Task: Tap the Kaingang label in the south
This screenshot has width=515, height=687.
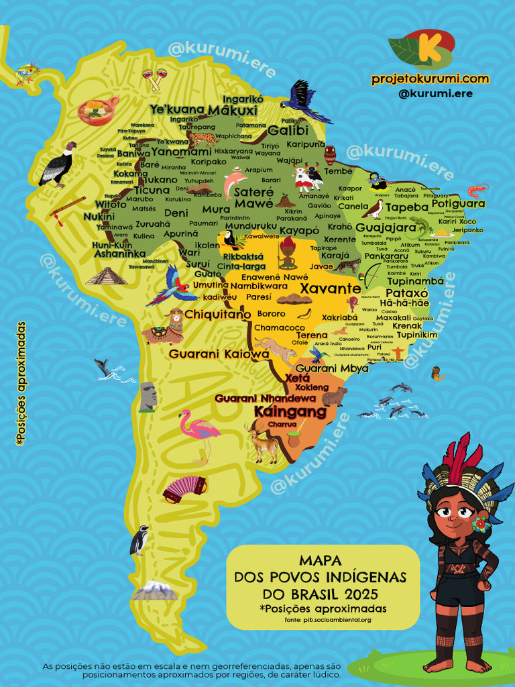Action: pyautogui.click(x=290, y=411)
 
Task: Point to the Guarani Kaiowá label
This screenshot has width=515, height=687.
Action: pyautogui.click(x=213, y=354)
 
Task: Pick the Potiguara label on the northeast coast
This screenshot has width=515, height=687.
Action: pyautogui.click(x=458, y=203)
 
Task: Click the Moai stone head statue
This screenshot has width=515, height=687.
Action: pyautogui.click(x=148, y=396)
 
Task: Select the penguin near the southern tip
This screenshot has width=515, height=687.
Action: pyautogui.click(x=139, y=540)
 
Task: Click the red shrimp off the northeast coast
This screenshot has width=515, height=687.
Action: pyautogui.click(x=477, y=190)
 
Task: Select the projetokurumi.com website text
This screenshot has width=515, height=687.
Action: pyautogui.click(x=430, y=78)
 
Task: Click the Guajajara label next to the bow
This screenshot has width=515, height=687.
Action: pyautogui.click(x=390, y=227)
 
